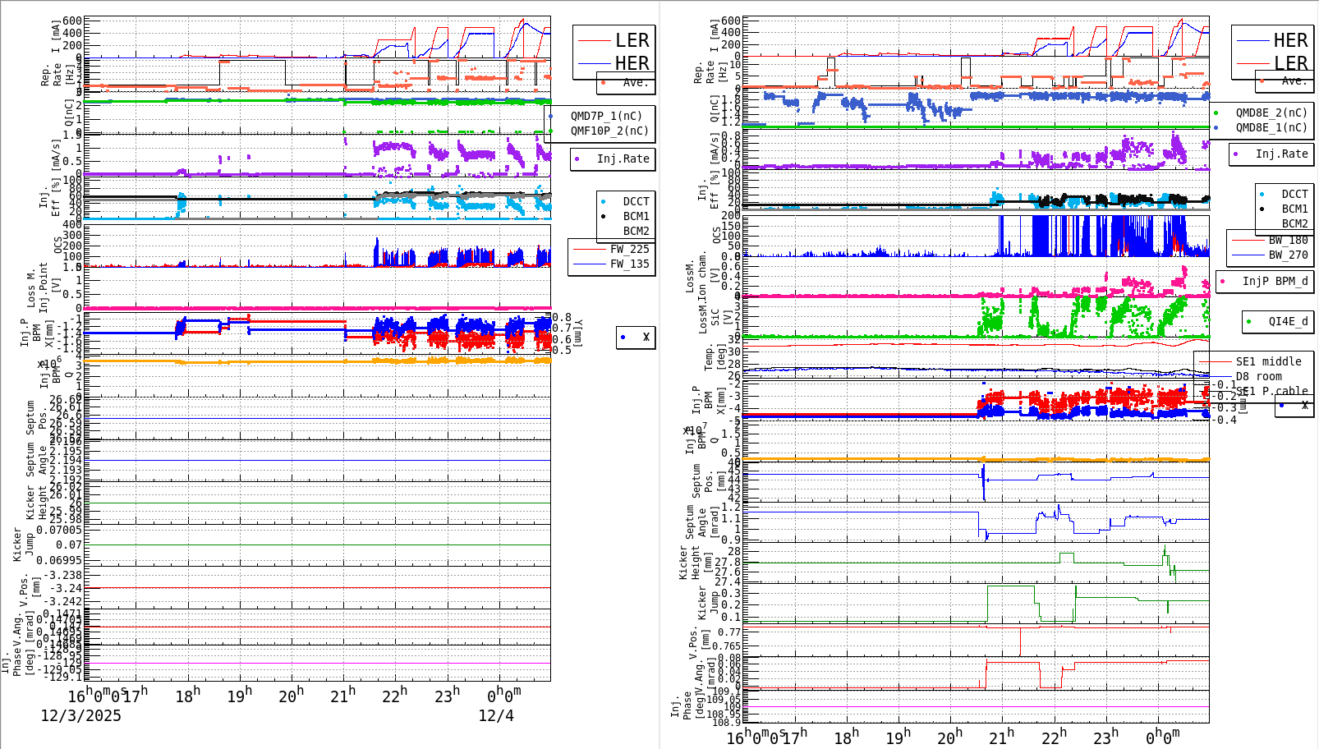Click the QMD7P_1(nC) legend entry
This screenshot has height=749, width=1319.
pos(606,116)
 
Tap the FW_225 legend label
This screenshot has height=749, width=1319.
pos(629,249)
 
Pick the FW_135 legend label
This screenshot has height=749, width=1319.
pos(629,264)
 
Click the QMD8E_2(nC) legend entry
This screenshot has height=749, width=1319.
pos(1271,113)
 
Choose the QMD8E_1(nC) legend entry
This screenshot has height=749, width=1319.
pos(1271,127)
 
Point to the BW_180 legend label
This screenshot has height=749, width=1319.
pos(1288,240)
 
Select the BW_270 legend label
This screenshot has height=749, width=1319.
pos(1288,255)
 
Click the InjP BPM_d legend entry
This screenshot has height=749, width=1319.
pos(1275,281)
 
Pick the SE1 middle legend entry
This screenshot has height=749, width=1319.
pos(1268,361)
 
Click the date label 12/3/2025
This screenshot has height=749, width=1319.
pos(80,715)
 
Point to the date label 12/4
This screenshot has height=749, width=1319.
pos(496,715)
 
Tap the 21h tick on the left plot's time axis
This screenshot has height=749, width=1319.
pos(343,695)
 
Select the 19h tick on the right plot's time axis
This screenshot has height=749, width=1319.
pos(899,736)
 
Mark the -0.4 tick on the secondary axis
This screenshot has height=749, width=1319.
pos(1226,420)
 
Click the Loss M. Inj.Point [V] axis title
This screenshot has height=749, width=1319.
pos(38,288)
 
